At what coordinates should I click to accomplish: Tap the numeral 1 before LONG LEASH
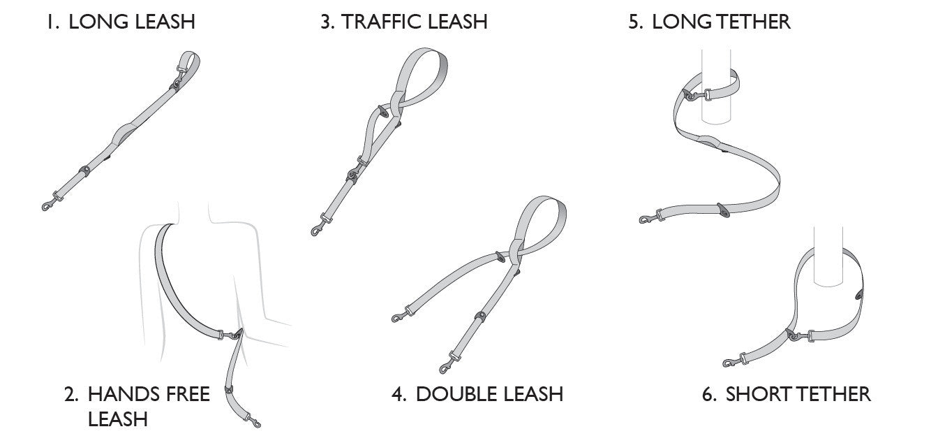[x=50, y=21]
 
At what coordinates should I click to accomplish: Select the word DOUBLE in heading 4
[x=456, y=394]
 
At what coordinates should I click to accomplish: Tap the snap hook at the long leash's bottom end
[x=50, y=204]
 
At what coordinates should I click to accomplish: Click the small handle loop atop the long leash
[x=190, y=60]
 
